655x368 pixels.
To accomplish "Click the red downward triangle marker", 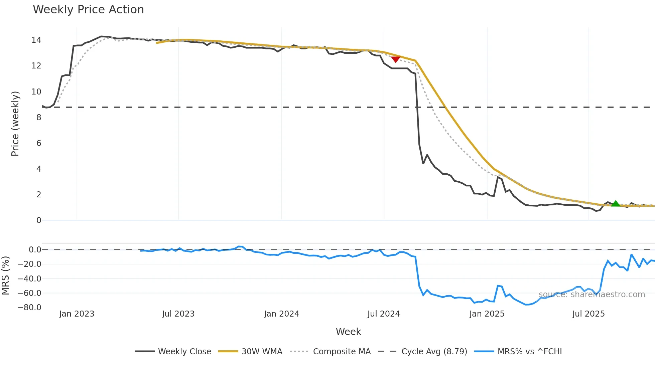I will point(396,59).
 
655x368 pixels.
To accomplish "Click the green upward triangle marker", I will point(616,203).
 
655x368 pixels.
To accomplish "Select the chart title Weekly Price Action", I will point(88,10).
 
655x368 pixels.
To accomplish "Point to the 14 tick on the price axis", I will point(36,40).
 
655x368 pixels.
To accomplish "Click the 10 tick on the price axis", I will point(36,91).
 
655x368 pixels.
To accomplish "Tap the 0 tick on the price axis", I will point(39,220).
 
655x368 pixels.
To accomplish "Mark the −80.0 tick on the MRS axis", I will point(29,308).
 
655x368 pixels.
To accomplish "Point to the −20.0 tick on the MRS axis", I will point(29,264).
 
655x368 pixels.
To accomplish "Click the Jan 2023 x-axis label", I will point(77,314).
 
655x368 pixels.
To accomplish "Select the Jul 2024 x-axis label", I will point(383,314).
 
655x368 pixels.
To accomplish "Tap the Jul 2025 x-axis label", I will point(588,314).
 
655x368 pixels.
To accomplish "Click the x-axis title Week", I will point(348,332).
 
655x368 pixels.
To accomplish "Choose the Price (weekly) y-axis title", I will point(15,124).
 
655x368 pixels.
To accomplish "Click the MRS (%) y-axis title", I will point(5,275).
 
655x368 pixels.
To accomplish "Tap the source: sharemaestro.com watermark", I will point(592,295).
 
